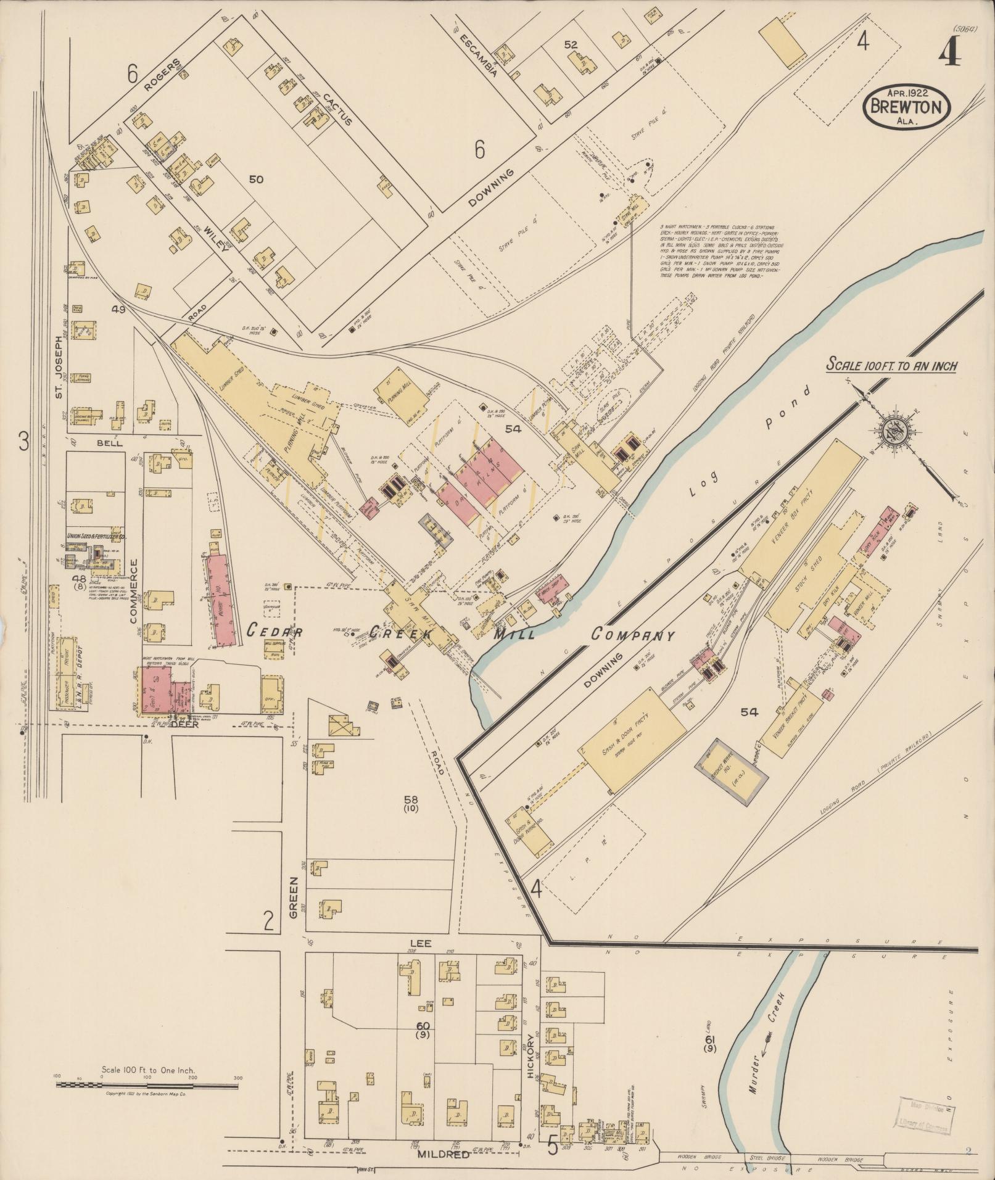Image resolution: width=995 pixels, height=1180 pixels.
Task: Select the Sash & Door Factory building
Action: [632, 740]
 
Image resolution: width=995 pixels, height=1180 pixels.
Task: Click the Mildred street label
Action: [443, 1153]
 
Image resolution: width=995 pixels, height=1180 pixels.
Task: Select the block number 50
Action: [257, 179]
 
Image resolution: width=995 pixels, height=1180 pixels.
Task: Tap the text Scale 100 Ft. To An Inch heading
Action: [892, 365]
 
